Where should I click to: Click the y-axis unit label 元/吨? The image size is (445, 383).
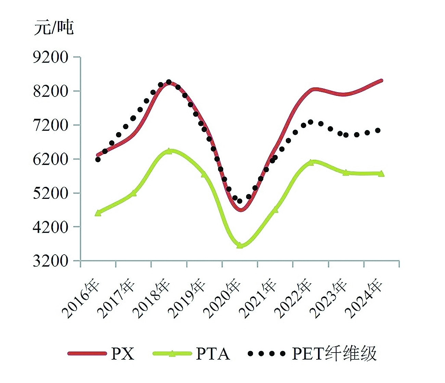(x=53, y=27)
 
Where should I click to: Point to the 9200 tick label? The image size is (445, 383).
(x=51, y=57)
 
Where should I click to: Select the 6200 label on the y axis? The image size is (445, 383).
(x=51, y=159)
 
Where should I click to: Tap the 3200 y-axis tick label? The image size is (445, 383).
(x=51, y=261)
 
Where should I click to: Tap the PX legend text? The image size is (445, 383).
(x=123, y=354)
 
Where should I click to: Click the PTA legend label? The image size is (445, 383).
(x=213, y=354)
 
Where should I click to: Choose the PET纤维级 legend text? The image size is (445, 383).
(x=334, y=354)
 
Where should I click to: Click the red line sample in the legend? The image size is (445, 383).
(x=87, y=354)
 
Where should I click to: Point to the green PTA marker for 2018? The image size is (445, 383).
(x=169, y=151)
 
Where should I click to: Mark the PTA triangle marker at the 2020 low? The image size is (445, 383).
(x=240, y=245)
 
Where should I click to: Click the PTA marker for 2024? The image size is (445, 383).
(x=381, y=174)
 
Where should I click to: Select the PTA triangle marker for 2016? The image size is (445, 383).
(x=98, y=213)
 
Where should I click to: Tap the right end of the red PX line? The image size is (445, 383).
(x=381, y=81)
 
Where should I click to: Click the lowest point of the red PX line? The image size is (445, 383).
(x=241, y=209)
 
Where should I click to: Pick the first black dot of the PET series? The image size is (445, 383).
(x=98, y=159)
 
